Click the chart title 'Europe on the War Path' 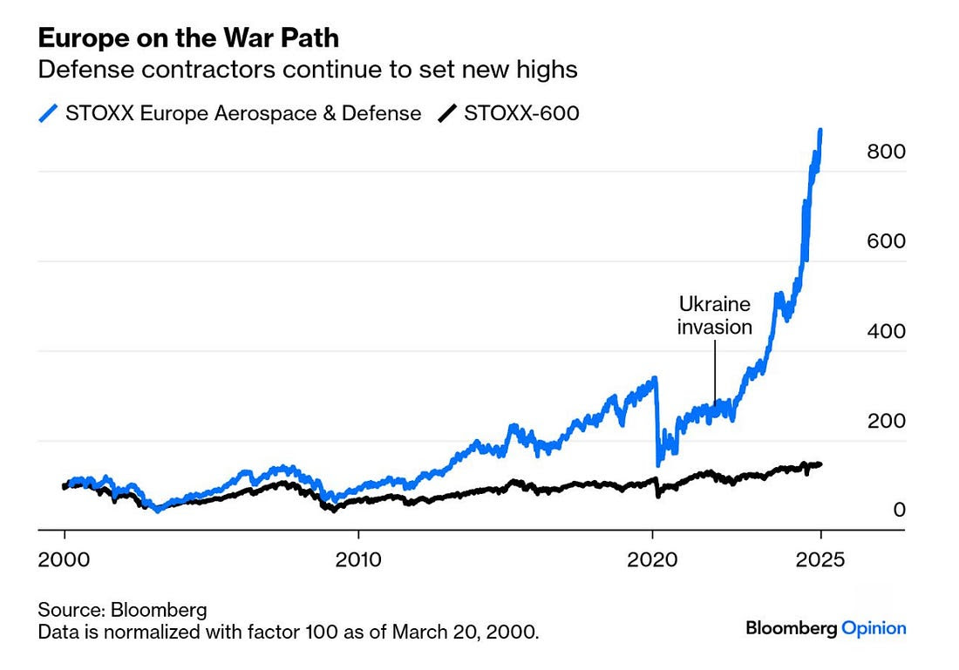tap(187, 38)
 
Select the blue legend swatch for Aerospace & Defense tap(49, 113)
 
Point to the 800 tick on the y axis tap(887, 152)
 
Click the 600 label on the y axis tap(887, 241)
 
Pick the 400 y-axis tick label tap(887, 331)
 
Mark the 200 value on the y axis tap(887, 421)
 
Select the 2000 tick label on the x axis tap(64, 558)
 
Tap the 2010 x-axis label tap(358, 558)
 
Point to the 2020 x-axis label tap(653, 558)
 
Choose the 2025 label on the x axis tap(820, 558)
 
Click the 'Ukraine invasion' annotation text tap(715, 315)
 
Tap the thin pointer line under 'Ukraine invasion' tap(715, 370)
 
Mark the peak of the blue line tap(820, 130)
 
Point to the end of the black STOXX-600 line tap(820, 464)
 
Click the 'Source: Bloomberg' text tap(121, 608)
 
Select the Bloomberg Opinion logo tap(826, 628)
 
